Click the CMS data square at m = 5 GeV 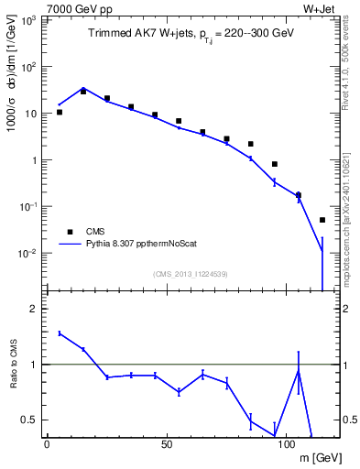60,112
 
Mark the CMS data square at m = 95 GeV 275,164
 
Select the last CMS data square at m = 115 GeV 322,220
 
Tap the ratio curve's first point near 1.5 60,333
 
